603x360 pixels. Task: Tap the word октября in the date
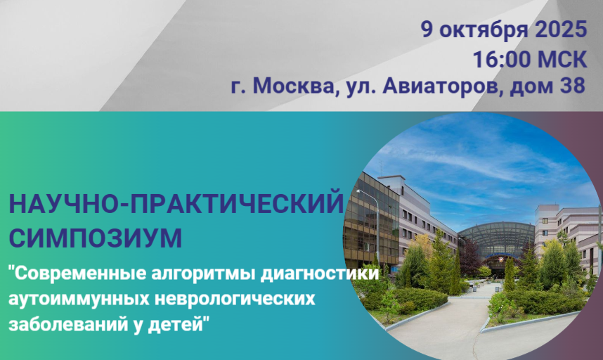point(484,31)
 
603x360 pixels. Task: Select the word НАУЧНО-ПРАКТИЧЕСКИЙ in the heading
point(176,204)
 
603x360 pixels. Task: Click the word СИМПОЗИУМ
point(96,238)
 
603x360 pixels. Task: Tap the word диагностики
point(320,275)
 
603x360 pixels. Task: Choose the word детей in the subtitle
point(178,324)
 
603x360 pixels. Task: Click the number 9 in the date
point(427,30)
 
